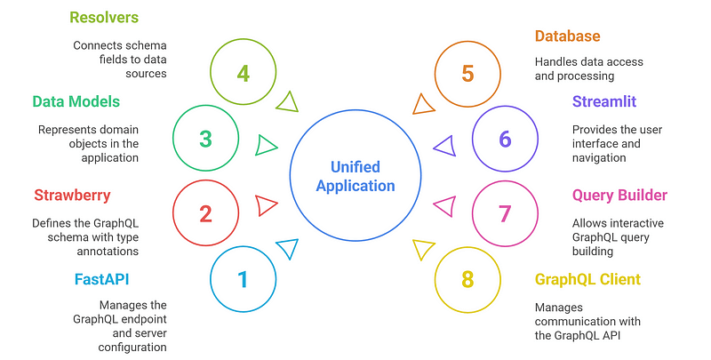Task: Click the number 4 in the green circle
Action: [244, 72]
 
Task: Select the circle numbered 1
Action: [243, 280]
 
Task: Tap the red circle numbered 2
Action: [206, 213]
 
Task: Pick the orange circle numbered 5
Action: [467, 72]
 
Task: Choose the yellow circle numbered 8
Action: [467, 280]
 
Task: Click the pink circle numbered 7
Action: [505, 213]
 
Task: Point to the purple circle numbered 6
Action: [505, 140]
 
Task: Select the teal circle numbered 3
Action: [206, 140]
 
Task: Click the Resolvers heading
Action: [106, 17]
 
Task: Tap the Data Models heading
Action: [76, 101]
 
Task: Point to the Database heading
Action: [567, 36]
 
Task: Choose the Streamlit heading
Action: [604, 101]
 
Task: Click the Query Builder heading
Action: [619, 195]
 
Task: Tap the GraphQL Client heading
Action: [587, 280]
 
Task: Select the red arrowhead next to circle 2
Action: [266, 206]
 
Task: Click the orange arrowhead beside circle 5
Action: [425, 104]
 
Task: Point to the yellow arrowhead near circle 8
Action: [425, 250]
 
